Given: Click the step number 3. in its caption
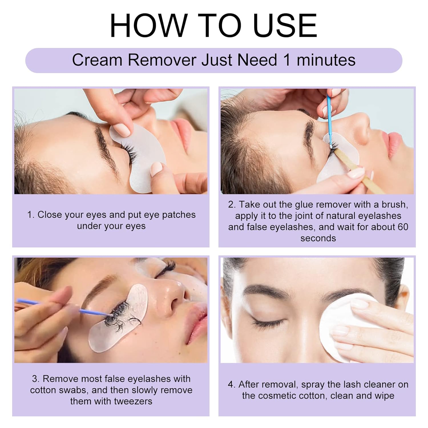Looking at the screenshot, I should [x=36, y=379].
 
